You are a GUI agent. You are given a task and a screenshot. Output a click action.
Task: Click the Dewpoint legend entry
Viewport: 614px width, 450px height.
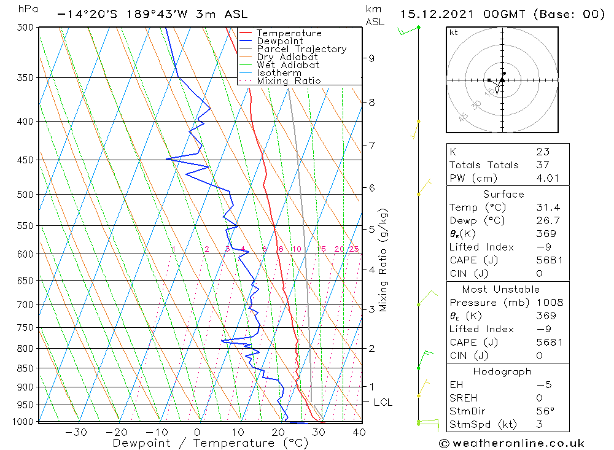point(279,41)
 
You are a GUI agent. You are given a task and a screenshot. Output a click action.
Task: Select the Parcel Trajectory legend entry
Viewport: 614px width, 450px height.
point(301,49)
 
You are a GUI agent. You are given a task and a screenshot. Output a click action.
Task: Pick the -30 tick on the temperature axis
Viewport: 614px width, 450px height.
point(76,432)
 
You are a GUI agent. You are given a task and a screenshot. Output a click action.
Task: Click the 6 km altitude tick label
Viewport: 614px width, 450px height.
point(371,187)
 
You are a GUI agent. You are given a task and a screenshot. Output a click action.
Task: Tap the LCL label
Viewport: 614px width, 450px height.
point(383,403)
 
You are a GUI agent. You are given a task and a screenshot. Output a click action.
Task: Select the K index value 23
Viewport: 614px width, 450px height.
point(542,152)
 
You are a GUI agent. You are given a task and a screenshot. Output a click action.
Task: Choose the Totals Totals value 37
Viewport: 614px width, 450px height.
point(542,165)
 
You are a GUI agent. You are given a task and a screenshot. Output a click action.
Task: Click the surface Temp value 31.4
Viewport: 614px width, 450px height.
point(547,208)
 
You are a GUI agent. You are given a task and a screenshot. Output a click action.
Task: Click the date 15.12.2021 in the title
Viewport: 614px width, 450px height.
point(439,14)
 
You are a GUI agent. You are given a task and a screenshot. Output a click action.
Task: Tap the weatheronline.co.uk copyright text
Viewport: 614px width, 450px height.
point(511,443)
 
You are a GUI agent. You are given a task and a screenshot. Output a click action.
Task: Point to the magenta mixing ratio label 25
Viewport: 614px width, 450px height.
point(354,249)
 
